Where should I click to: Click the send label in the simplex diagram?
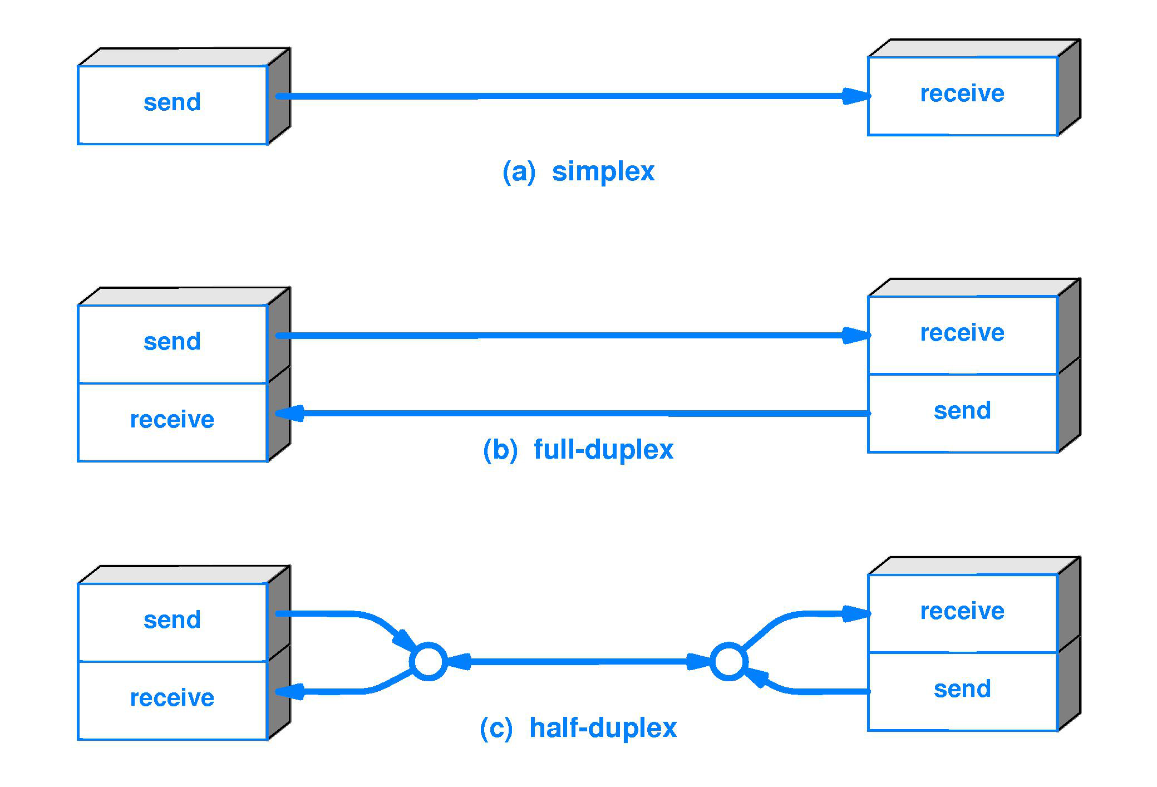172,102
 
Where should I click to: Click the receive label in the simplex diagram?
962,94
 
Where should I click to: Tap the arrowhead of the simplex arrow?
855,96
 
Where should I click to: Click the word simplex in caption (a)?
603,171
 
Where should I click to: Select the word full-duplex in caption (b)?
603,449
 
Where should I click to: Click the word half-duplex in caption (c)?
603,727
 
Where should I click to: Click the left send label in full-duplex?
172,342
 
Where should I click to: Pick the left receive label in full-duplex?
172,420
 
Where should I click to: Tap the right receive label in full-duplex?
962,333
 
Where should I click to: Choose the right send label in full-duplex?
962,411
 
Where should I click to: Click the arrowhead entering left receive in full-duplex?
289,414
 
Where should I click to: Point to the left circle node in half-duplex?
428,662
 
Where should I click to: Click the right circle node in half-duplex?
728,662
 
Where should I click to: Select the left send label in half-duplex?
172,620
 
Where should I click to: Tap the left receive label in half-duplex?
172,698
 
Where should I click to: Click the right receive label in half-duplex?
962,611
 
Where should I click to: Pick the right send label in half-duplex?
962,689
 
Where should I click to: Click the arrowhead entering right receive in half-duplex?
855,614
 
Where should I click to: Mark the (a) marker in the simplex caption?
518,171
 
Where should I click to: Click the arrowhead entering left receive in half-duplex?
289,692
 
